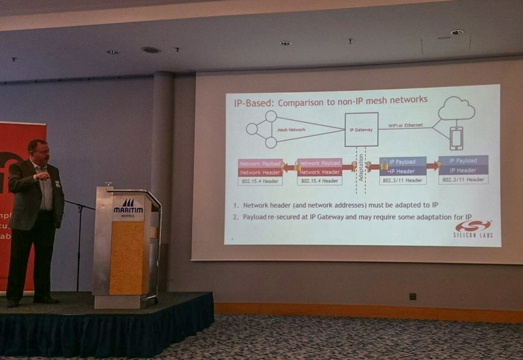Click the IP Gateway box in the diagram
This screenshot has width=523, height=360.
(x=361, y=129)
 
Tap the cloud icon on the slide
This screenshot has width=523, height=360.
(x=456, y=108)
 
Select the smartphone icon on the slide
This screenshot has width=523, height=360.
(x=456, y=138)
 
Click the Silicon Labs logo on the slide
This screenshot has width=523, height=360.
(x=473, y=228)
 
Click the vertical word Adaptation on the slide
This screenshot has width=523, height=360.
(x=362, y=169)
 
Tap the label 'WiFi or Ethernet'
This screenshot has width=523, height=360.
(x=405, y=125)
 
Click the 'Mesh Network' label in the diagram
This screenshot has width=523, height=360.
(x=292, y=129)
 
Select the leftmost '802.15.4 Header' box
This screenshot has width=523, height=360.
(x=260, y=180)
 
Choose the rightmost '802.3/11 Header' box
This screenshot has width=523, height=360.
(x=463, y=179)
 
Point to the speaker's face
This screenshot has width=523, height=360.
(x=39, y=152)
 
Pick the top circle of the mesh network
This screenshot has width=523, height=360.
(x=271, y=116)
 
